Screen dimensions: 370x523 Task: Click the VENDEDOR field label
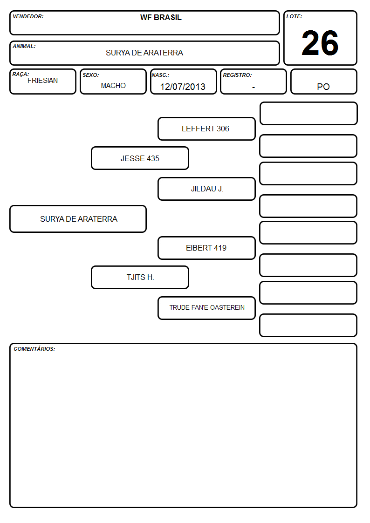pos(28,16)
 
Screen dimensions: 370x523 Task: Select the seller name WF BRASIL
pos(161,17)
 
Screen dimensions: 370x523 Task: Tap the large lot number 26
pos(320,43)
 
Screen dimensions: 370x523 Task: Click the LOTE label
pos(294,16)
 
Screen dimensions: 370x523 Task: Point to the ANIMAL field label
pos(24,47)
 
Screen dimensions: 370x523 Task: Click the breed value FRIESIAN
pos(43,81)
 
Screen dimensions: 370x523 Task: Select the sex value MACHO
pos(113,86)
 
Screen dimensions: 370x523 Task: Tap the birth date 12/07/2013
pos(183,87)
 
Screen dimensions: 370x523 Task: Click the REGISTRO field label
pos(237,75)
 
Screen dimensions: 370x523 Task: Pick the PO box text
pos(323,87)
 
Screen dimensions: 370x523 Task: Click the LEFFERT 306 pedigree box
pos(206,129)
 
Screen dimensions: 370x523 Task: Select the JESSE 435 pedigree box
pos(140,158)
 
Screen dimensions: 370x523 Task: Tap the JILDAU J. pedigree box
pos(206,189)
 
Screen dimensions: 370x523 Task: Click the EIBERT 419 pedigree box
pos(206,248)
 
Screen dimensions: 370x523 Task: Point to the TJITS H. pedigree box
pos(140,277)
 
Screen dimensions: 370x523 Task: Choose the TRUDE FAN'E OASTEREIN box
pos(206,308)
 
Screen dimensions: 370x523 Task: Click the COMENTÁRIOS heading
pos(34,349)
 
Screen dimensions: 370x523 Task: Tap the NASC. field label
pos(160,75)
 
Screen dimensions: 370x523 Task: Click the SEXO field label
pos(91,75)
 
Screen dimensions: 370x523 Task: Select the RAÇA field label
pos(21,75)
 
